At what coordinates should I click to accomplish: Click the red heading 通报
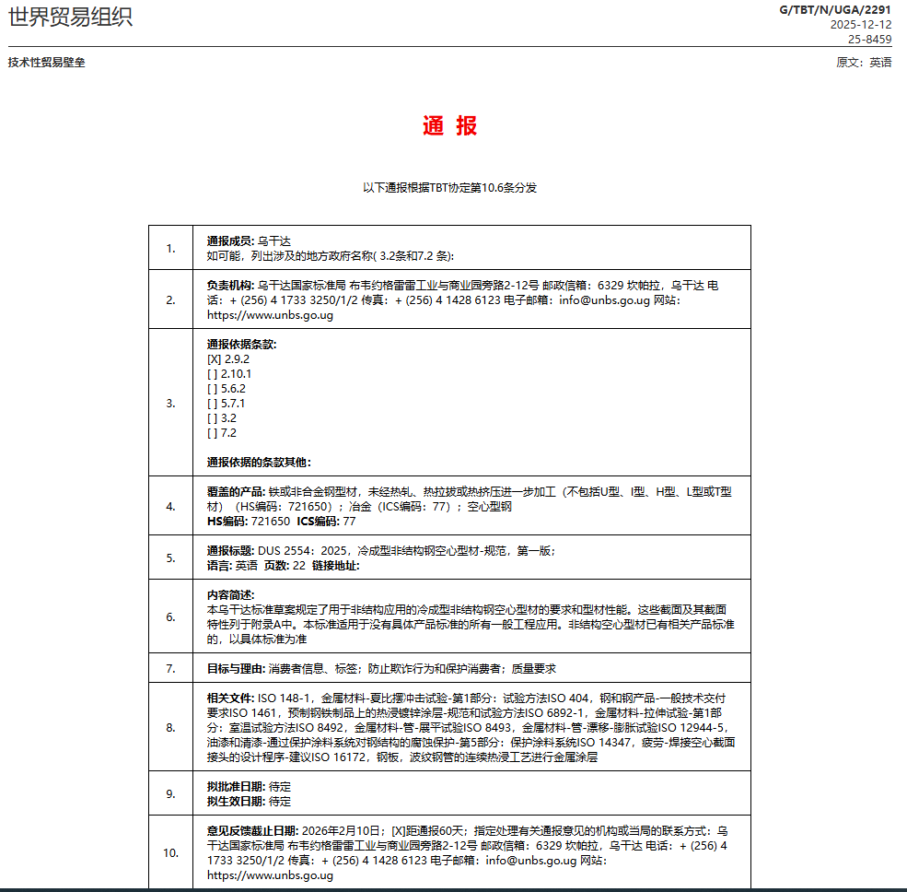pos(450,127)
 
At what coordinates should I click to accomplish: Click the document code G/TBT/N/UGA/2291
pos(835,10)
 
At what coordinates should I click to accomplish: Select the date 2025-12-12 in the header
pos(861,25)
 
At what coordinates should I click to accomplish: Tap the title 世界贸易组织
pos(70,18)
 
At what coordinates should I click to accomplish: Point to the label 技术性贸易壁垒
pos(47,63)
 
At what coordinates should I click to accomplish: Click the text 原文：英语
pos(864,63)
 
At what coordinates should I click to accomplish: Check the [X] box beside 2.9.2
pos(214,359)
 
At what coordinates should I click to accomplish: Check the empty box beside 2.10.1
pos(214,374)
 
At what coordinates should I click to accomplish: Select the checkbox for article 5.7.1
pos(214,404)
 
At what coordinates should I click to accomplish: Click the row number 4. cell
pos(170,506)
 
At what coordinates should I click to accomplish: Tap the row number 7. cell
pos(170,668)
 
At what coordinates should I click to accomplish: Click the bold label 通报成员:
pos(230,241)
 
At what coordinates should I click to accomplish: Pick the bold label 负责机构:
pos(230,286)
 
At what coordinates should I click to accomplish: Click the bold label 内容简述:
pos(230,595)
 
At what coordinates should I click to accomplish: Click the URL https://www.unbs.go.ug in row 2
pos(270,315)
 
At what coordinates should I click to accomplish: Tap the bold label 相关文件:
pos(230,698)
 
